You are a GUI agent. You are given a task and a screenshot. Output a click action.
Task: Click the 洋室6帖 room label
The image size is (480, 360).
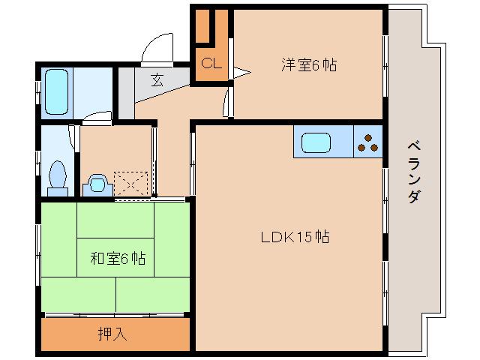309,65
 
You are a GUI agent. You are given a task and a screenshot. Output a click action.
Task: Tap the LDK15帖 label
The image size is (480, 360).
295,238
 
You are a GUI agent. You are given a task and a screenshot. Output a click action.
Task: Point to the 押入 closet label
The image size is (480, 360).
112,334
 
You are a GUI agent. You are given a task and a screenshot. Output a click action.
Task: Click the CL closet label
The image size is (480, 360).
211,64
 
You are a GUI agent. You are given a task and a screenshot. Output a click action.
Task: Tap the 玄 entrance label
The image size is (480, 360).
157,79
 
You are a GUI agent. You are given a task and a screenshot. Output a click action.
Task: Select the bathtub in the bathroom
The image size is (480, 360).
57,91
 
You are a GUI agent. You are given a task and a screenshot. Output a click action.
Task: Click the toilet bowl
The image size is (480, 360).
57,176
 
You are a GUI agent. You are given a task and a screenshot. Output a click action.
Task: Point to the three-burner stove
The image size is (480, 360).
368,142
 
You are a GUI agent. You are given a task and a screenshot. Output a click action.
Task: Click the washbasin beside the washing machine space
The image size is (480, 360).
97,184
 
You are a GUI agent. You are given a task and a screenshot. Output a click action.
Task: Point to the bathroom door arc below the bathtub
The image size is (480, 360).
96,117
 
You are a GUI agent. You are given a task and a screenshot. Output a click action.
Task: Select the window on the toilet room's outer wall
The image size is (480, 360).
37,161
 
